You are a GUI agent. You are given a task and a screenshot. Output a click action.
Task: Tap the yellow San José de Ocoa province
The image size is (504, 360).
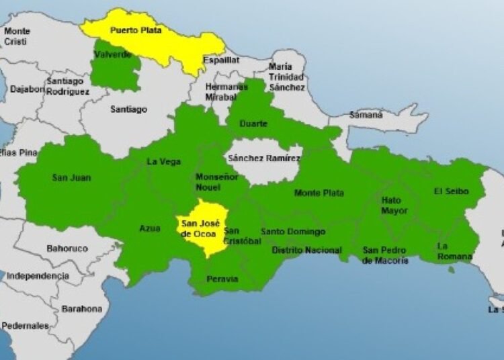tap(202, 228)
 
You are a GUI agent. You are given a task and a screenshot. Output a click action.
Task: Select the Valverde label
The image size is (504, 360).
tap(113, 54)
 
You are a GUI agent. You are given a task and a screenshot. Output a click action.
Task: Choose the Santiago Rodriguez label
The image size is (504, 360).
tap(67, 87)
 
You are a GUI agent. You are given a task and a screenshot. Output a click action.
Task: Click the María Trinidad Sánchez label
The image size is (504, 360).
tap(287, 77)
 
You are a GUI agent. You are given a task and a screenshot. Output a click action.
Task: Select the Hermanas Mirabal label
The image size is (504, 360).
tap(221, 92)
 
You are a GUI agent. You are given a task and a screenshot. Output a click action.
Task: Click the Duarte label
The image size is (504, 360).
tap(253, 124)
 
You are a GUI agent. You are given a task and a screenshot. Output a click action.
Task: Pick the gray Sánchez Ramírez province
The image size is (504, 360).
tap(264, 159)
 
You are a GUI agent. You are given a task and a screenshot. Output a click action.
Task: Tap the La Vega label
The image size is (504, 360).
tap(163, 161)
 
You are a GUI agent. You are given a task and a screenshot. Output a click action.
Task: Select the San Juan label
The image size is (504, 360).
tap(71, 178)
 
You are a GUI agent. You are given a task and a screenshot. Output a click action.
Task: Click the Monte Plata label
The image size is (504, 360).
tap(319, 193)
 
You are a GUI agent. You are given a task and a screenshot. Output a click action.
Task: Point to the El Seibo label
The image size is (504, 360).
tap(451, 191)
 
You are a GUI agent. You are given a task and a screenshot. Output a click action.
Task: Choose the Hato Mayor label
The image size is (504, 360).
tap(394, 206)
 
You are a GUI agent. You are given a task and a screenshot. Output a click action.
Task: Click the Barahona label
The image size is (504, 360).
tap(82, 309)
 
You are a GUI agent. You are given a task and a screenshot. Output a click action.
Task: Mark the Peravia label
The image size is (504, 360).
tap(222, 279)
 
